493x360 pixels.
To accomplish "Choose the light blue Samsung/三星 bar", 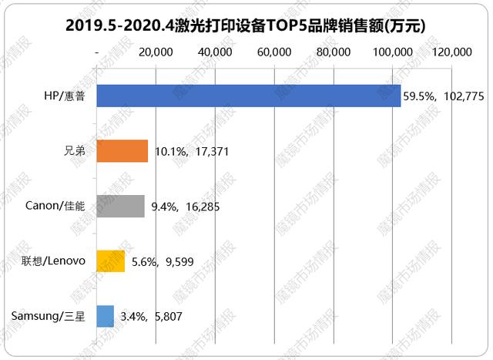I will click(106, 315).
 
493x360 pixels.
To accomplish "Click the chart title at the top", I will click(246, 25).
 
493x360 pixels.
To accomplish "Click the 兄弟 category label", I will click(75, 151).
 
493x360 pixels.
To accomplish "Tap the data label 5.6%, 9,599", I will click(163, 262).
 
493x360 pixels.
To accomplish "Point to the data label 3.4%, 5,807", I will click(153, 317).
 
